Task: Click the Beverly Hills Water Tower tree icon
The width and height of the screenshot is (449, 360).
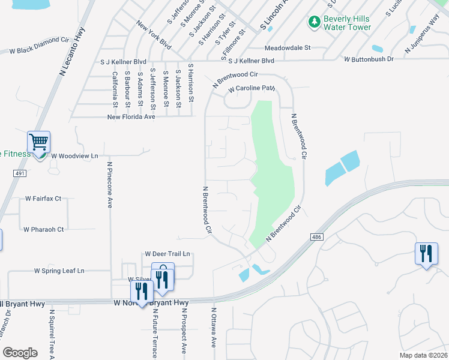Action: click(314, 22)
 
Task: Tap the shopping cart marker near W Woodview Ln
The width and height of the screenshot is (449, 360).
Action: click(39, 143)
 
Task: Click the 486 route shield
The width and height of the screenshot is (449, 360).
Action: click(316, 237)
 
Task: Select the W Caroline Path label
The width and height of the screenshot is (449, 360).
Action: click(252, 89)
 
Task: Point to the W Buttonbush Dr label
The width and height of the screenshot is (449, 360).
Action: click(369, 59)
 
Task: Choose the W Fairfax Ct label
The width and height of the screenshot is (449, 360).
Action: click(43, 198)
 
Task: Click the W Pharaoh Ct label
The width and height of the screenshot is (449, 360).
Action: click(43, 229)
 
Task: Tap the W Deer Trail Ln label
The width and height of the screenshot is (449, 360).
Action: click(167, 254)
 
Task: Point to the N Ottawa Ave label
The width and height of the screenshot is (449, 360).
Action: click(213, 328)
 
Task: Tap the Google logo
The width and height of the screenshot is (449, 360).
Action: click(20, 353)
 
